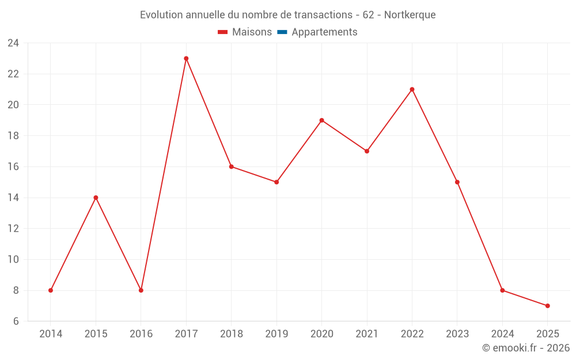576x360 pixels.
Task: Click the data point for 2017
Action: click(x=186, y=58)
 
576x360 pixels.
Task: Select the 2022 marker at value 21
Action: click(x=412, y=89)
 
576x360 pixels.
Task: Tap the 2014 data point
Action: click(x=51, y=290)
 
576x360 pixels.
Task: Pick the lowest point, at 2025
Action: click(x=547, y=306)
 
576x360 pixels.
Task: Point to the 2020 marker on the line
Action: click(x=321, y=120)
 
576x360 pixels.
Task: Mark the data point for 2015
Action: click(x=96, y=198)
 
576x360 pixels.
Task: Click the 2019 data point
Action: click(x=276, y=182)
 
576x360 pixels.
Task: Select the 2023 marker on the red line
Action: click(x=457, y=182)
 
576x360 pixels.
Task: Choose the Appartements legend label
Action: click(x=324, y=32)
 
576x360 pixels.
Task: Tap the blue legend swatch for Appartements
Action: click(x=282, y=32)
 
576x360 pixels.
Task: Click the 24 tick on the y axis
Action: click(x=13, y=43)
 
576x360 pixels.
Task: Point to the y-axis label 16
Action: click(x=13, y=166)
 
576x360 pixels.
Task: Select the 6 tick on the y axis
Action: click(x=16, y=321)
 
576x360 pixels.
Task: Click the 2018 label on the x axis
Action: click(x=231, y=334)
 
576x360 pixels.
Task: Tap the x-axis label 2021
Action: click(x=367, y=334)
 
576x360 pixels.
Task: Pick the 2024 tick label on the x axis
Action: click(x=502, y=334)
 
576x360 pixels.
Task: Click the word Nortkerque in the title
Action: click(x=410, y=14)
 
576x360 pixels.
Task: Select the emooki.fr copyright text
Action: click(x=526, y=348)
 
